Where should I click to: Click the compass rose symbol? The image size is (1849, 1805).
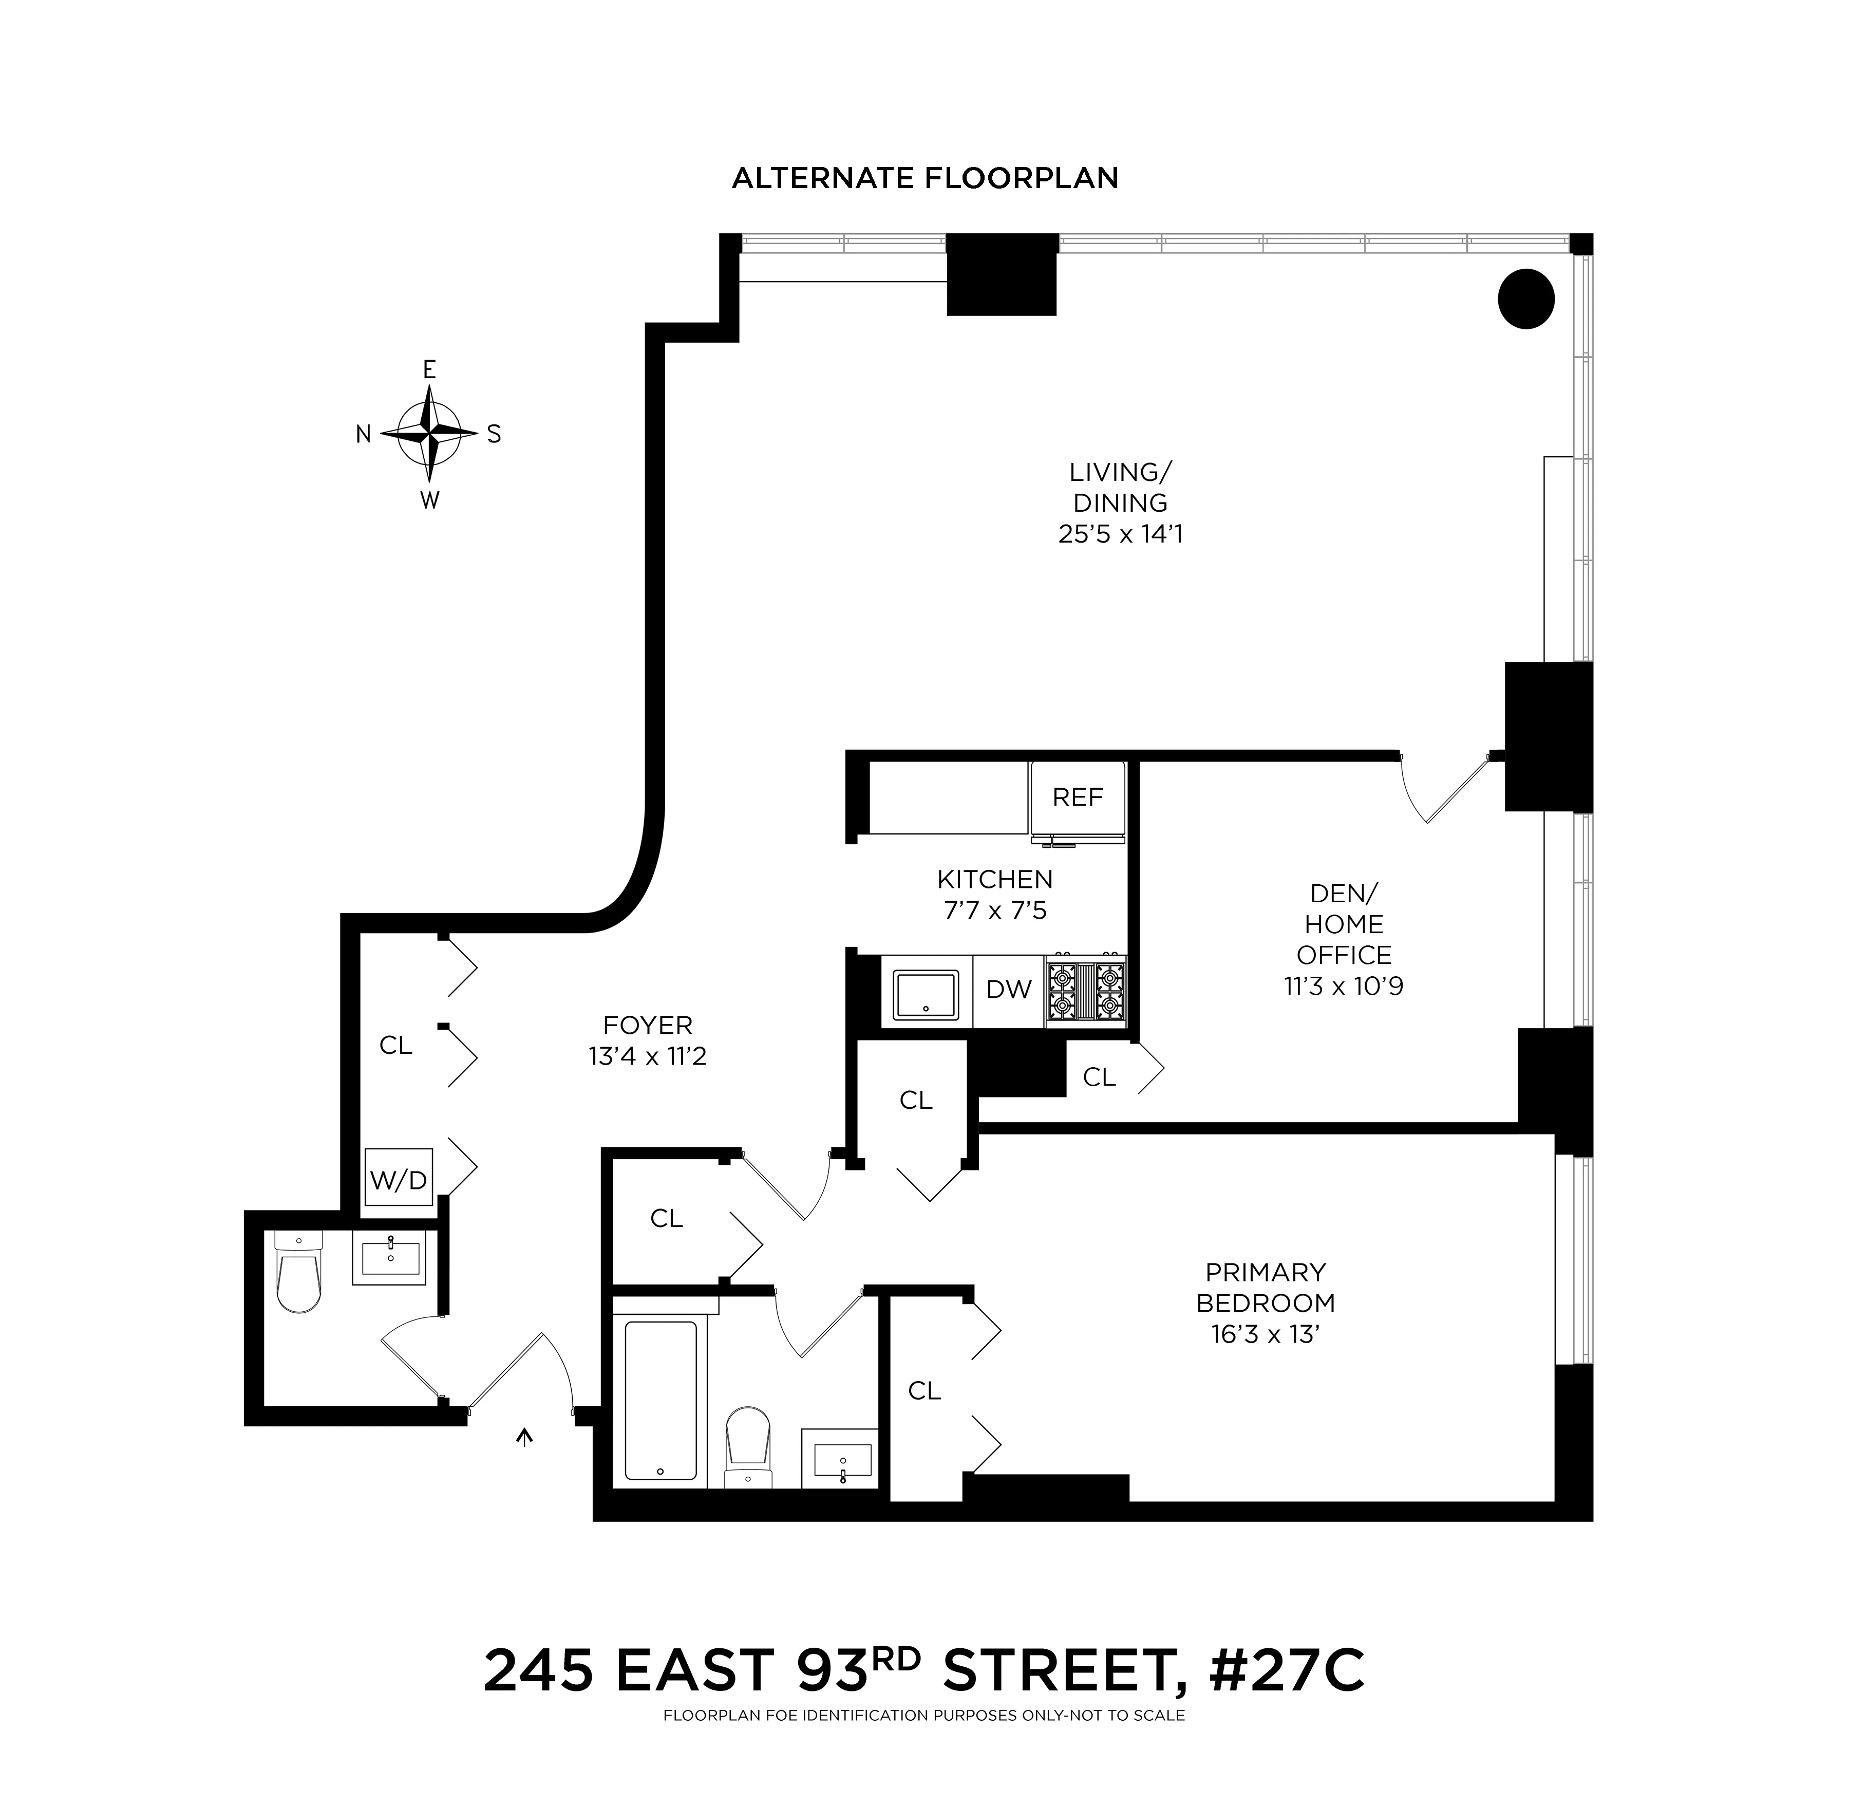click(429, 433)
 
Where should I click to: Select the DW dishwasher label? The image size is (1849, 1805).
click(1008, 990)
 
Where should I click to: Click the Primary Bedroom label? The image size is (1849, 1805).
click(1265, 1288)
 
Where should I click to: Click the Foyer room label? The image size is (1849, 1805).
click(647, 1025)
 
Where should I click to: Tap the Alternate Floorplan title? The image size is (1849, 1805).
click(925, 178)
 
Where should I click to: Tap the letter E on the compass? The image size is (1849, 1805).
click(429, 370)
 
